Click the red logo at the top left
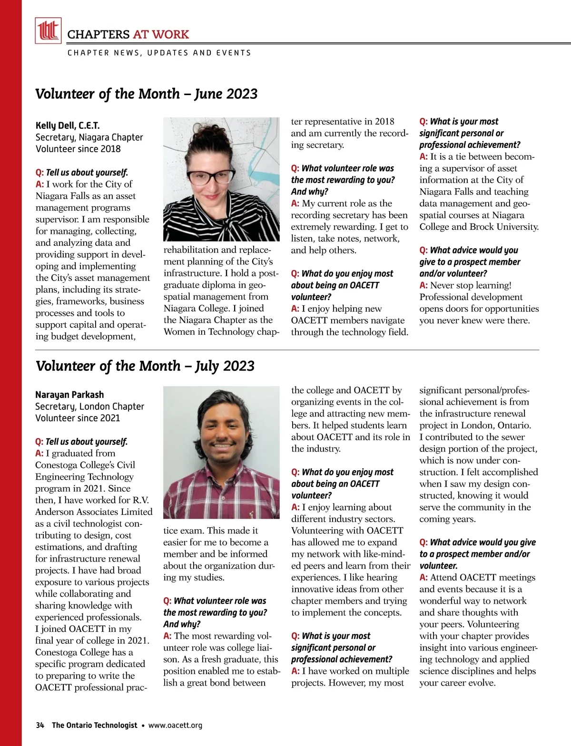point(48,30)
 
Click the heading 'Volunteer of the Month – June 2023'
point(146,94)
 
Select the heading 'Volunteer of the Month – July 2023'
point(145,366)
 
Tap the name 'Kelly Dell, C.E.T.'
point(68,126)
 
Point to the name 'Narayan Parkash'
point(69,395)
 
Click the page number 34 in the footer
point(40,725)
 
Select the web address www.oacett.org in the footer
point(175,725)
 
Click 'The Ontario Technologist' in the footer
point(94,725)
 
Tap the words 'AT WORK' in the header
point(161,34)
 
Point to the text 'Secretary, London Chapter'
point(89,407)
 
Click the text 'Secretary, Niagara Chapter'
point(89,137)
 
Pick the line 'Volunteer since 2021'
point(78,418)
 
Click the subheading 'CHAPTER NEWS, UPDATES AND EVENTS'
point(159,53)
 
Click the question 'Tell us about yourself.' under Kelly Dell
point(87,173)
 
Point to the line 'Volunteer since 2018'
point(78,149)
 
